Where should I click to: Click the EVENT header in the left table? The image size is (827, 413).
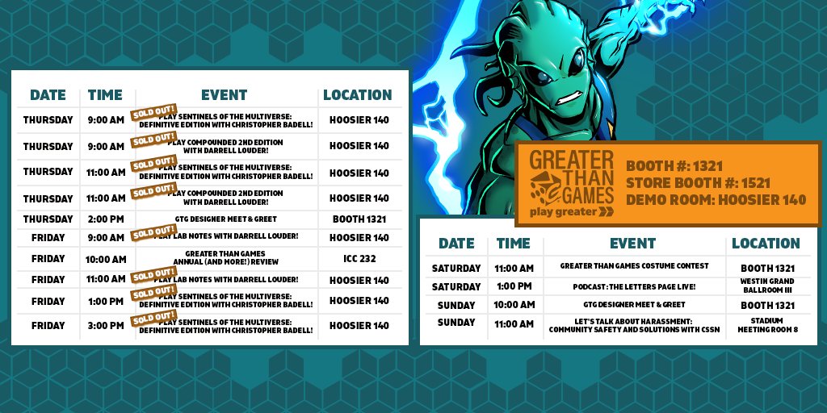pyautogui.click(x=224, y=95)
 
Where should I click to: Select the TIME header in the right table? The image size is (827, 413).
pyautogui.click(x=514, y=243)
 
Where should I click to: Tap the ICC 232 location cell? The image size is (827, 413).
pyautogui.click(x=359, y=260)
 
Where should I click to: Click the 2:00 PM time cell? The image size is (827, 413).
pyautogui.click(x=105, y=219)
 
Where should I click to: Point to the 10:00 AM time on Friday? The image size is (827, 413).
pyautogui.click(x=105, y=260)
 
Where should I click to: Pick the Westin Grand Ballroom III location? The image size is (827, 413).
pyautogui.click(x=767, y=286)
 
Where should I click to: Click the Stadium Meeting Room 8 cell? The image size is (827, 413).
pyautogui.click(x=767, y=324)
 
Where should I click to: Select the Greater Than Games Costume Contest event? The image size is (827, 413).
pyautogui.click(x=633, y=266)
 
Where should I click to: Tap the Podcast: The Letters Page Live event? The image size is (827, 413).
pyautogui.click(x=633, y=286)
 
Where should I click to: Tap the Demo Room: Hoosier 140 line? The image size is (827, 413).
pyautogui.click(x=716, y=200)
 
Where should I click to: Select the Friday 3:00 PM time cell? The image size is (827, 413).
pyautogui.click(x=105, y=326)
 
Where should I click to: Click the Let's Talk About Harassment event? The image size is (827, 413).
pyautogui.click(x=633, y=324)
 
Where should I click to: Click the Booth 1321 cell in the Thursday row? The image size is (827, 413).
pyautogui.click(x=359, y=219)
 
